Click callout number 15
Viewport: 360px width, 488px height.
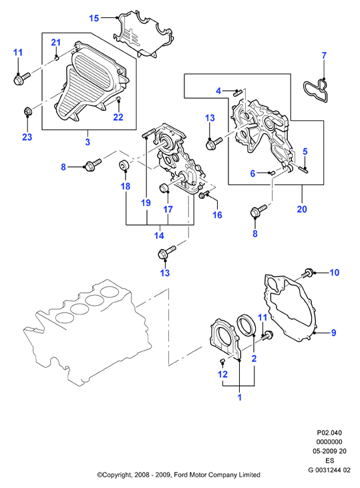click(x=94, y=18)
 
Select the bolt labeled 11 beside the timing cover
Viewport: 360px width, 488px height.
click(x=22, y=78)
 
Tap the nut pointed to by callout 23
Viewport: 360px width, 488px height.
click(x=27, y=111)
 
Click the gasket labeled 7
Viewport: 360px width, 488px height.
click(x=315, y=92)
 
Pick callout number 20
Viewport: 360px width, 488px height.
click(x=302, y=209)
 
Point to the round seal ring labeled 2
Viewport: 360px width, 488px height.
click(x=247, y=326)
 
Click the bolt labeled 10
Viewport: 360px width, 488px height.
click(x=308, y=273)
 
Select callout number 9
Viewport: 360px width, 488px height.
click(x=333, y=332)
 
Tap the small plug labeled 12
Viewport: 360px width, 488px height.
click(x=222, y=360)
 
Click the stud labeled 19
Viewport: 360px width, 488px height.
click(x=147, y=134)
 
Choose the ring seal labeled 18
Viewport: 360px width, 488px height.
click(x=124, y=166)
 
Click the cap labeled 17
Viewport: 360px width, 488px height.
click(x=163, y=188)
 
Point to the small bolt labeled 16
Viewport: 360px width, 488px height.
click(x=204, y=194)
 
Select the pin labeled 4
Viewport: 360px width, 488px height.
click(x=238, y=92)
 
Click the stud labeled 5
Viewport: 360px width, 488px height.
click(x=303, y=170)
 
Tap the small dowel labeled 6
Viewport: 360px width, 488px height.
click(x=273, y=172)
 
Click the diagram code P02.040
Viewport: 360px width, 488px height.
click(x=329, y=433)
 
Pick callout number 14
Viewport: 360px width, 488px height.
click(x=159, y=235)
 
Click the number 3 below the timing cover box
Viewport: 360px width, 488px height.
click(x=87, y=142)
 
